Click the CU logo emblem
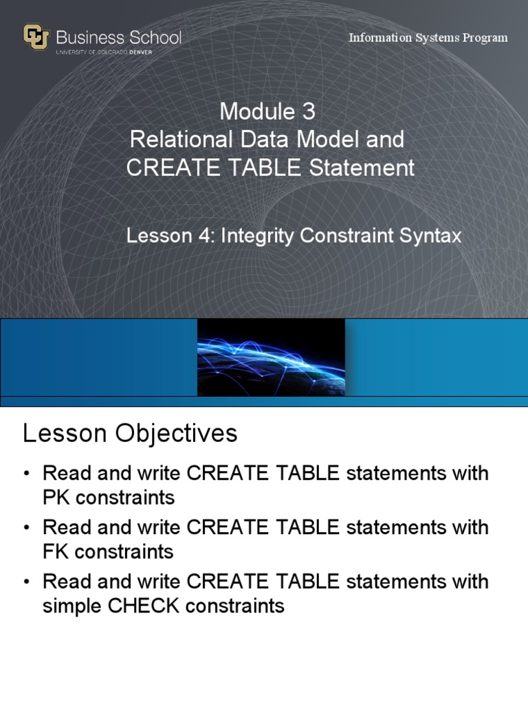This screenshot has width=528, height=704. point(36,37)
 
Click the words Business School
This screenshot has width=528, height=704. point(119,36)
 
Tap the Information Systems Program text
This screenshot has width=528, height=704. point(428,38)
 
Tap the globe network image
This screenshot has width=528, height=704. point(271,357)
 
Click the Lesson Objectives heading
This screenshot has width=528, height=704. point(130,433)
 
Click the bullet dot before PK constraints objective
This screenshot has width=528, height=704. point(27,474)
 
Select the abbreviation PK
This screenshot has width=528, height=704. point(56,497)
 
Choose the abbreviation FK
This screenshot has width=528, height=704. point(56,551)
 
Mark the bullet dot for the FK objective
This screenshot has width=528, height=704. point(27,528)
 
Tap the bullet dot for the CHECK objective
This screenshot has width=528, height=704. point(27,582)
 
